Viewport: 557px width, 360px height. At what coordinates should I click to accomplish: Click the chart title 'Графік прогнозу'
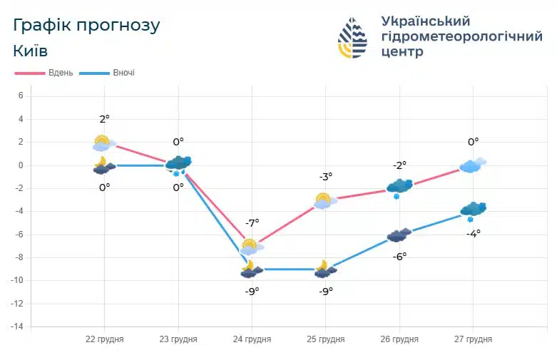(86, 26)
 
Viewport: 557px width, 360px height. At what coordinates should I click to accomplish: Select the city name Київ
(31, 51)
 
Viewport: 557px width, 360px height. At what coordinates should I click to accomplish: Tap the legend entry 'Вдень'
(44, 73)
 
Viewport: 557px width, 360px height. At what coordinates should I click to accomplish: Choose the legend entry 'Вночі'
(107, 73)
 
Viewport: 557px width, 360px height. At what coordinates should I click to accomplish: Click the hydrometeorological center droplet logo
(352, 38)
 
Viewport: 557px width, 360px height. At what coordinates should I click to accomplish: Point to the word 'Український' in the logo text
(426, 21)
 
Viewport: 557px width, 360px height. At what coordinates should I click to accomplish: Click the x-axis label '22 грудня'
(104, 339)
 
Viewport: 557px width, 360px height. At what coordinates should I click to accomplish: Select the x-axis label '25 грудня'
(325, 339)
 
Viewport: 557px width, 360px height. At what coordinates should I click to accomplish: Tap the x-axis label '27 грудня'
(473, 339)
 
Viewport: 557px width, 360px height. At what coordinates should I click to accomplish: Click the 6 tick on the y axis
(21, 96)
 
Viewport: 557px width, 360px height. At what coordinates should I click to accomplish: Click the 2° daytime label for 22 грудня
(105, 119)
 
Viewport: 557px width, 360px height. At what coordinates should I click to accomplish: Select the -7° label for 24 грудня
(252, 223)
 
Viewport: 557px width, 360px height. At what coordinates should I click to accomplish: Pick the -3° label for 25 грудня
(325, 177)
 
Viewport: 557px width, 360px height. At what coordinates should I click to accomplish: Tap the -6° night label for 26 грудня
(399, 256)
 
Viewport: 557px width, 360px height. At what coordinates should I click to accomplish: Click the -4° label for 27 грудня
(474, 233)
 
